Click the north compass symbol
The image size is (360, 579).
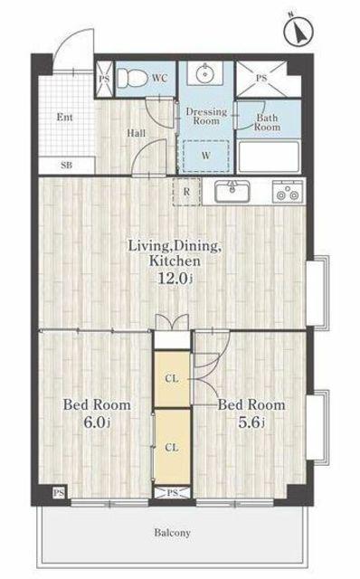click(298, 31)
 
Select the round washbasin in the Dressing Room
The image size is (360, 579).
click(204, 74)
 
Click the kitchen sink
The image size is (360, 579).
click(232, 191)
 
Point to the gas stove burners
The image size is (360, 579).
click(288, 191)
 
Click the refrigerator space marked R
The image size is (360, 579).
click(187, 192)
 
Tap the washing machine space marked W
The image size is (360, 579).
click(205, 156)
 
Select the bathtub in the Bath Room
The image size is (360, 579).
click(269, 157)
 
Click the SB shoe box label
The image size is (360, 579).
click(66, 165)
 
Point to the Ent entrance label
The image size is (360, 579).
click(64, 118)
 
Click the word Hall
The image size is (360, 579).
click(136, 133)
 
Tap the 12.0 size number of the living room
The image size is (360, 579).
click(173, 278)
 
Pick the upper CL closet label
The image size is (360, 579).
click(172, 378)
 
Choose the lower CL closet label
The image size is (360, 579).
click(172, 448)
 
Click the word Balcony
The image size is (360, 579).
click(173, 533)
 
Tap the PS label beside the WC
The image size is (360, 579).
click(105, 79)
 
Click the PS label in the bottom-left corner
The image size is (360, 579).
click(59, 492)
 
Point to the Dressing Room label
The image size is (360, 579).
click(206, 116)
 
